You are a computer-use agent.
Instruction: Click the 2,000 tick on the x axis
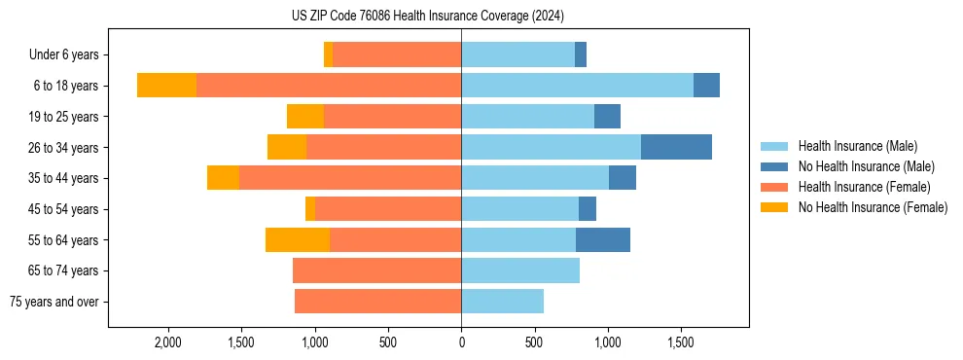[167, 342]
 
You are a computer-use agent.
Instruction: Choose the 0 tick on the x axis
[461, 342]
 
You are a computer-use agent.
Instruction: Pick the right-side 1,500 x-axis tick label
[680, 342]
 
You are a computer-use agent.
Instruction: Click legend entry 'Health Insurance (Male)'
[857, 146]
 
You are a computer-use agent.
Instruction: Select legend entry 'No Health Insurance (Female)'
[873, 207]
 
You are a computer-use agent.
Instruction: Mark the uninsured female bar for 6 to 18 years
[166, 86]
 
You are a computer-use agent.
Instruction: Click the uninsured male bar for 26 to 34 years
[676, 147]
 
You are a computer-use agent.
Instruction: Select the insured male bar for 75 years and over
[502, 302]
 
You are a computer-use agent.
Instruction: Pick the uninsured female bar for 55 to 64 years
[298, 239]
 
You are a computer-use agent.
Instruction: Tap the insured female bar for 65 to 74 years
[376, 270]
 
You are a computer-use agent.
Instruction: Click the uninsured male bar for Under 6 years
[581, 55]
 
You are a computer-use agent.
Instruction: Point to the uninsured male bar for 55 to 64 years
[603, 239]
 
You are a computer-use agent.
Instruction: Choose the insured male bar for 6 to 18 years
[577, 86]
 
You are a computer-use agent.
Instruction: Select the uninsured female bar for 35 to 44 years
[223, 178]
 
